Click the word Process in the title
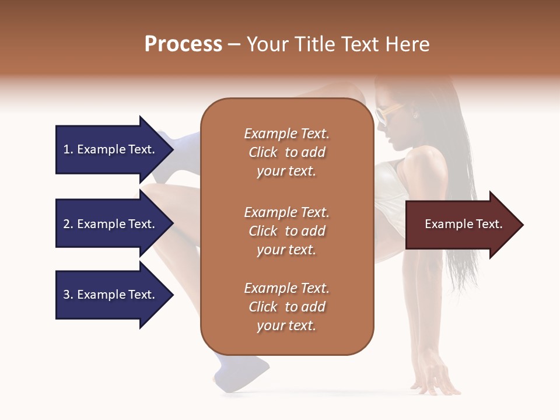pyautogui.click(x=183, y=44)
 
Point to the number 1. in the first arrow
pyautogui.click(x=68, y=149)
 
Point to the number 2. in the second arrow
pyautogui.click(x=68, y=224)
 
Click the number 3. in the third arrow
pyautogui.click(x=68, y=295)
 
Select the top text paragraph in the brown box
pyautogui.click(x=286, y=152)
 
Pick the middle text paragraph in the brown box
pyautogui.click(x=286, y=230)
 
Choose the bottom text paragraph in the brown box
pyautogui.click(x=286, y=307)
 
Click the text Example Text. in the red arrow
pyautogui.click(x=463, y=224)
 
